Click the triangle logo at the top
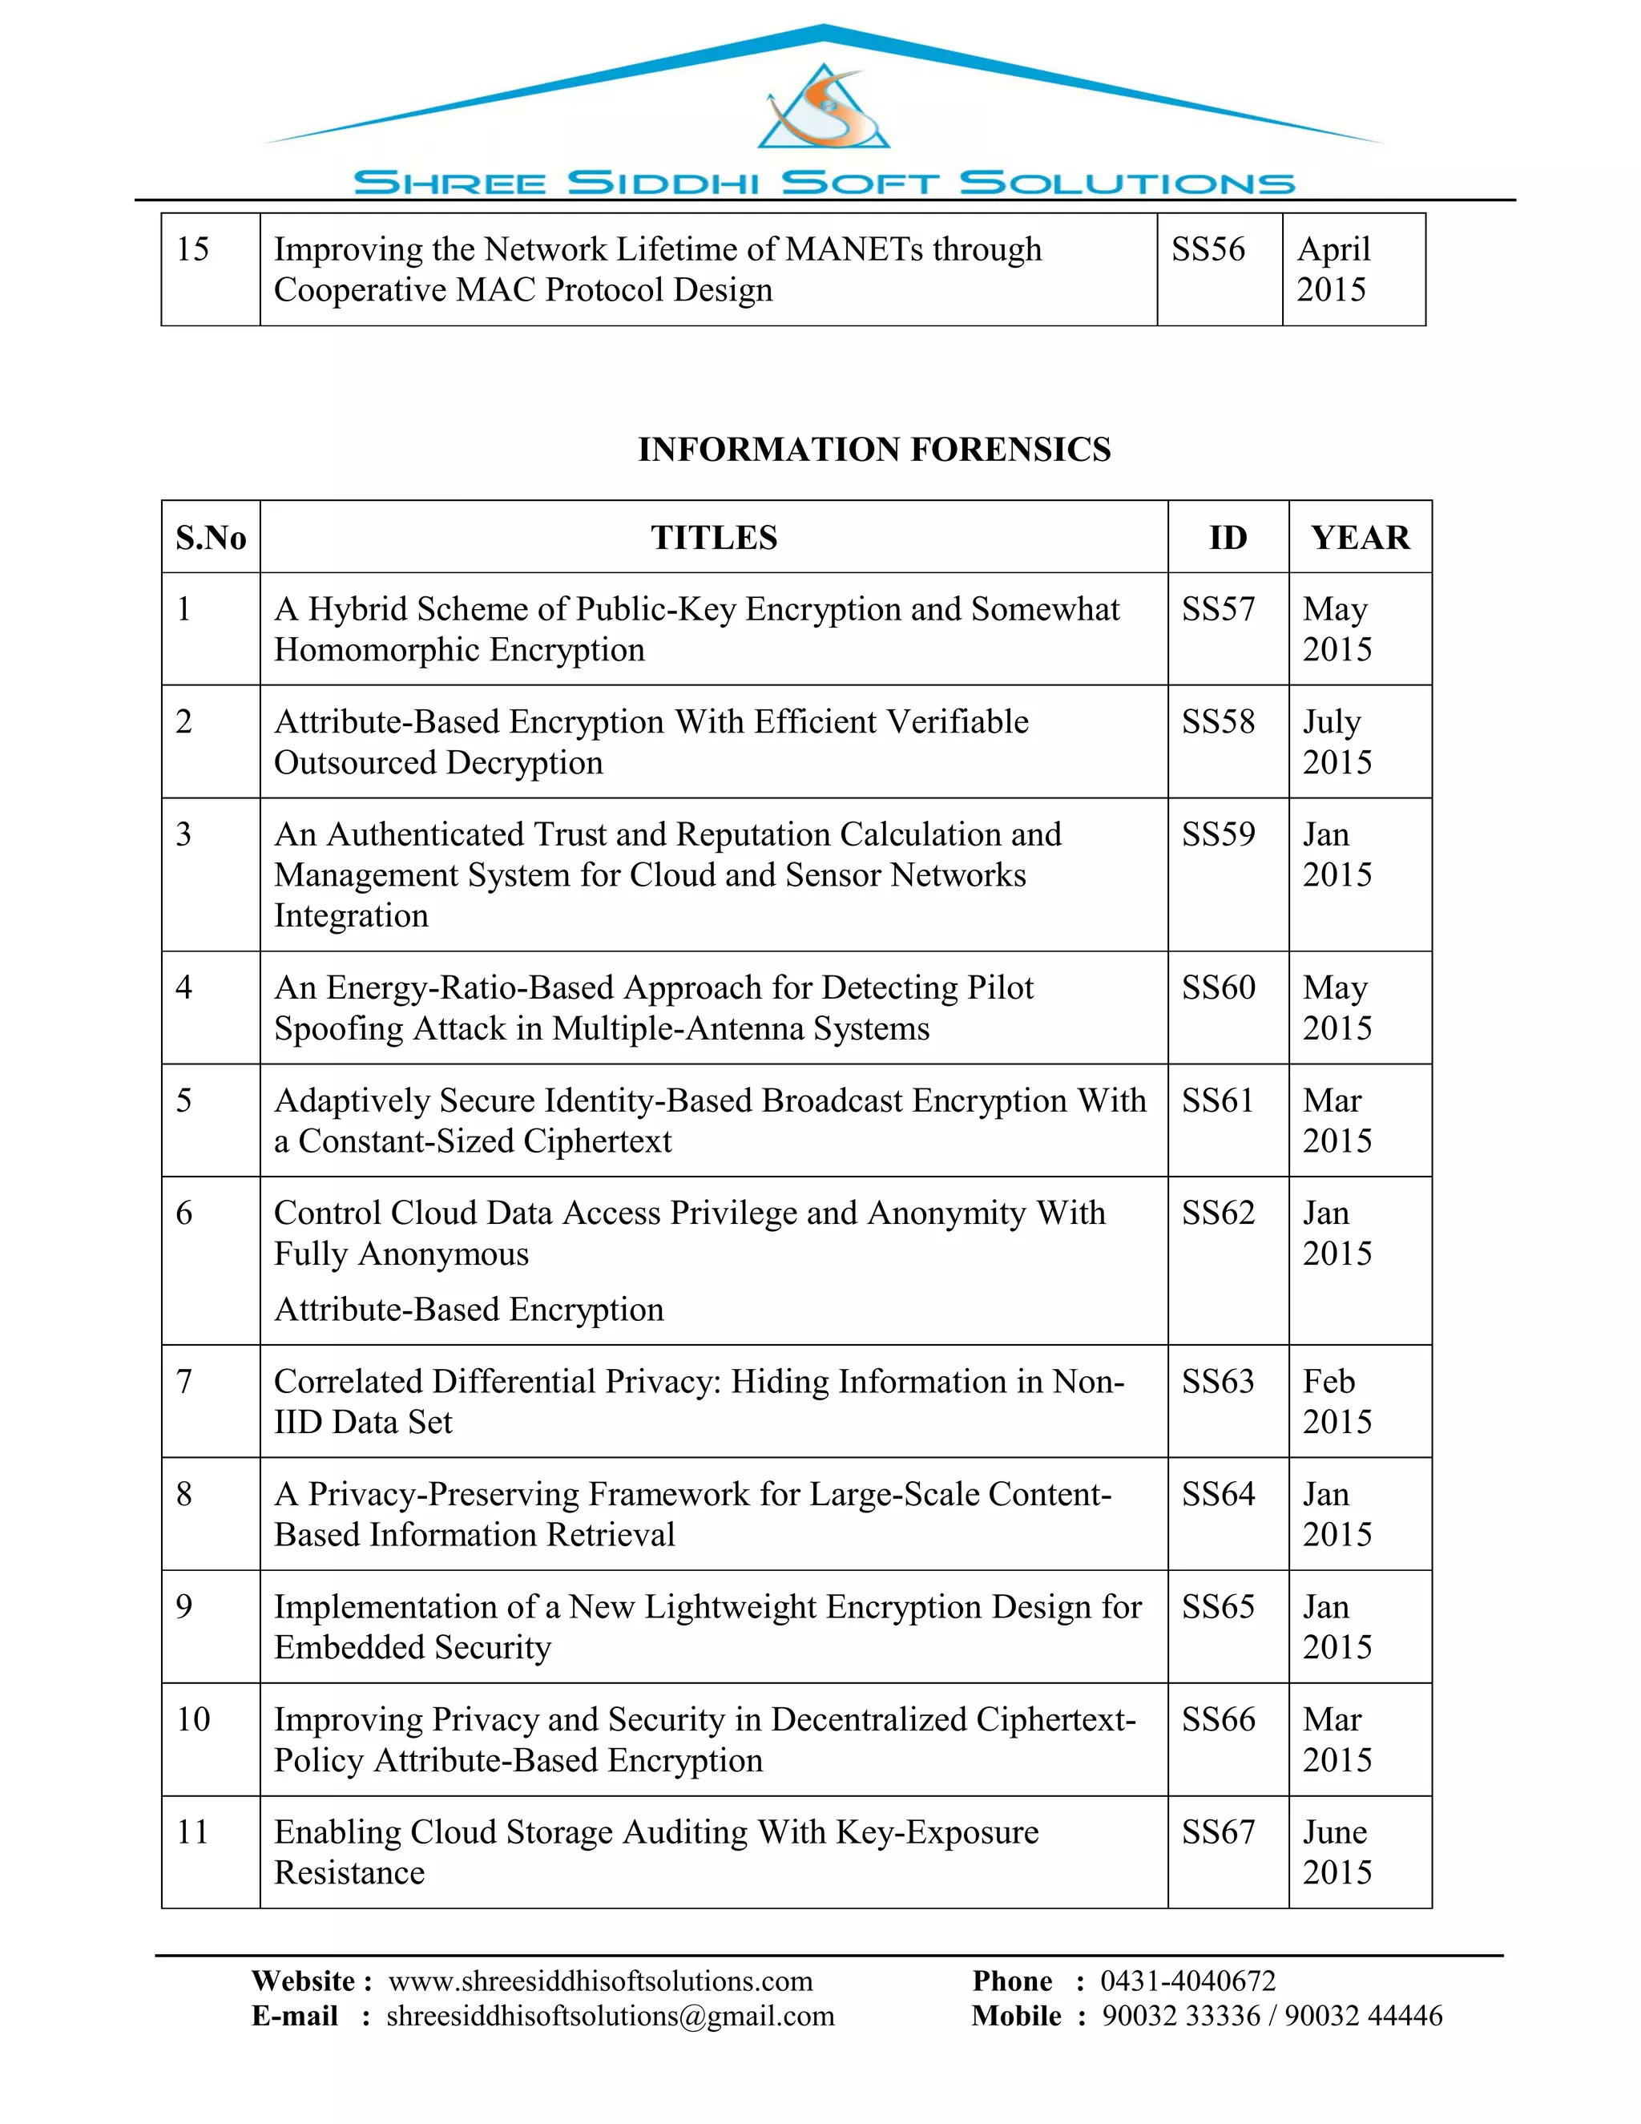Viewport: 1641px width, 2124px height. (824, 109)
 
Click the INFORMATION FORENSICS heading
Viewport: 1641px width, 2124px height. (874, 450)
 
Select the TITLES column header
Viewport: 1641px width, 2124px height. (714, 538)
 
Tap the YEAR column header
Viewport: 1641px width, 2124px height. (1359, 538)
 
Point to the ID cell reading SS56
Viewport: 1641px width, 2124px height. (1208, 250)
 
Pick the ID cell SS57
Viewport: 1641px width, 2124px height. (1218, 610)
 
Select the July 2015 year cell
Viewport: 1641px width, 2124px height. (1337, 742)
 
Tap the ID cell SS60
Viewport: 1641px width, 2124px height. (1218, 988)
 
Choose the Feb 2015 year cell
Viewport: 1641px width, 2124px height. (1337, 1401)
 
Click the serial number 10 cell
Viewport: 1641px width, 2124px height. (193, 1719)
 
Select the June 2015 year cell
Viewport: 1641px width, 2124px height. (1337, 1851)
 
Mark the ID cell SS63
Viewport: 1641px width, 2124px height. (1218, 1382)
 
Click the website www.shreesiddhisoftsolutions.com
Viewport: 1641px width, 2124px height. (600, 1981)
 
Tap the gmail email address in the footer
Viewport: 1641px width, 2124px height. (611, 2016)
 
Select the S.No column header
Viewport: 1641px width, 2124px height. (210, 538)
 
